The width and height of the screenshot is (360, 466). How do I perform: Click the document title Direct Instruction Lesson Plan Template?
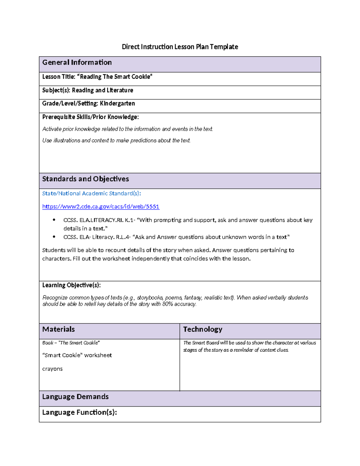[x=180, y=47]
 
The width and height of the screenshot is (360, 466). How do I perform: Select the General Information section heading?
[x=77, y=62]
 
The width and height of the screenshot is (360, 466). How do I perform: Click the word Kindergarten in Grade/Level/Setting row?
[x=117, y=104]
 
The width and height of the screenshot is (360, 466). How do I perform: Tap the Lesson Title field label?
[x=59, y=77]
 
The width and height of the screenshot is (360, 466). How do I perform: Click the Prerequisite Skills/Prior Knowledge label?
[x=90, y=117]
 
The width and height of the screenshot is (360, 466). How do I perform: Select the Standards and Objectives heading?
[x=85, y=179]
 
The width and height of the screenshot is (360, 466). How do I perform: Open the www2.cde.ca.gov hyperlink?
[x=100, y=206]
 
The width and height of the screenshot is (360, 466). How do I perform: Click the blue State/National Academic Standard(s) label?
[x=91, y=194]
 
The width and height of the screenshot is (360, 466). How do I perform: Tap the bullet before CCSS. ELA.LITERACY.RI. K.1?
[x=54, y=220]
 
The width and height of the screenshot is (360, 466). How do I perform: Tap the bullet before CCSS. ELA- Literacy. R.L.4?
[x=54, y=237]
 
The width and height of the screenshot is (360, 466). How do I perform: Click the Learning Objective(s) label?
[x=71, y=285]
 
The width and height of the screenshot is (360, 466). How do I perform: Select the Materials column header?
[x=58, y=329]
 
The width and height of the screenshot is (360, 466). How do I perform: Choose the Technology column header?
[x=203, y=329]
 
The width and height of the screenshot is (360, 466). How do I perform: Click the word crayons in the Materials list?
[x=52, y=369]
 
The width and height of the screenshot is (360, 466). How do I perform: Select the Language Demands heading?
[x=75, y=397]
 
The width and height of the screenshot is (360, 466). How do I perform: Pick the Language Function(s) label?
[x=79, y=413]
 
